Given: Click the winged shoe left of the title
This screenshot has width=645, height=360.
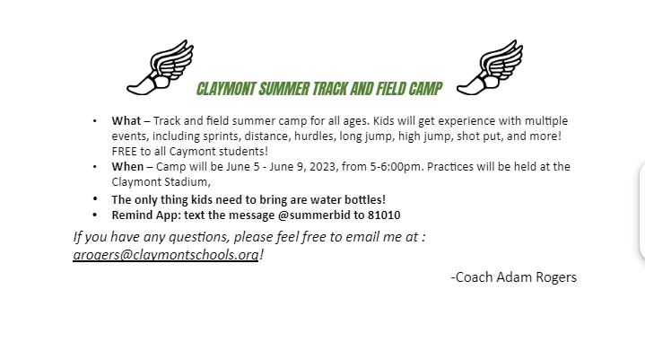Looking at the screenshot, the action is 161,68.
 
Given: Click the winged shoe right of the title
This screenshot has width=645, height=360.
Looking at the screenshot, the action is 490,68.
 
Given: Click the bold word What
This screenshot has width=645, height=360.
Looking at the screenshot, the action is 126,121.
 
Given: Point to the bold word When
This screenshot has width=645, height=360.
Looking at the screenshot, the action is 127,167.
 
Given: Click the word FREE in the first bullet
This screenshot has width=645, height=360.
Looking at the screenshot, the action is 124,152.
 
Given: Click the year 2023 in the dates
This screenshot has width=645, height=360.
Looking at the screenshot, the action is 323,167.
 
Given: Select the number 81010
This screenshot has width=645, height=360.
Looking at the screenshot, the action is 384,215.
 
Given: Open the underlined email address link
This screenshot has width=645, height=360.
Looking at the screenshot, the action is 166,255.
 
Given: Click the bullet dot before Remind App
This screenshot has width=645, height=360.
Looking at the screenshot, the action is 95,215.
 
